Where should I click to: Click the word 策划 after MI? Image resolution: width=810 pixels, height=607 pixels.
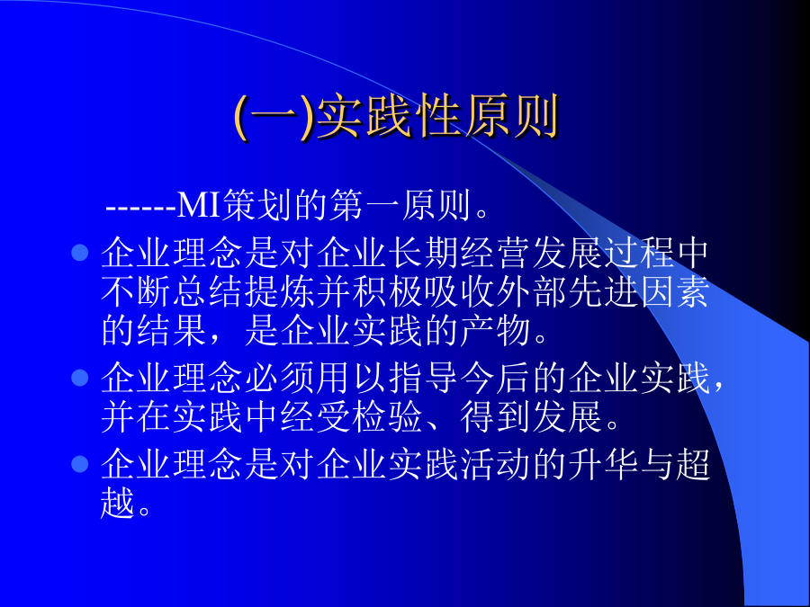pos(257,205)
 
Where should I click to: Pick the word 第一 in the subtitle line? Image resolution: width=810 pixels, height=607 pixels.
pos(364,205)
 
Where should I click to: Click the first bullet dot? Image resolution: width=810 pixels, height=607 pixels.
pos(79,253)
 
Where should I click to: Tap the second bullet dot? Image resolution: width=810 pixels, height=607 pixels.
pos(79,378)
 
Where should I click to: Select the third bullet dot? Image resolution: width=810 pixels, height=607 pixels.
pos(79,463)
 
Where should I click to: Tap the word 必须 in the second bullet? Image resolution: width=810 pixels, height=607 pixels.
pos(281,378)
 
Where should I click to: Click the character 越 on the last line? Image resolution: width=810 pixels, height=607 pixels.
pos(118,503)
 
